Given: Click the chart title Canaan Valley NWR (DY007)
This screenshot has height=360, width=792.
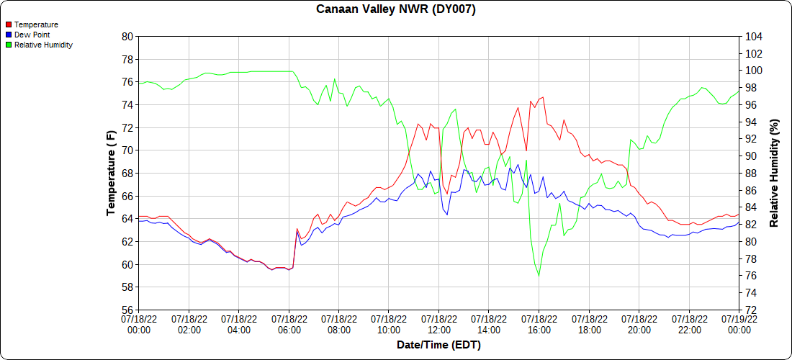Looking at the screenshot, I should point(396,9).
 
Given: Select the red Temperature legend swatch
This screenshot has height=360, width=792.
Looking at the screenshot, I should point(8,24).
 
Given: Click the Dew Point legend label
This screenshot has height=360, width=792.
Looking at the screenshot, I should point(32,35).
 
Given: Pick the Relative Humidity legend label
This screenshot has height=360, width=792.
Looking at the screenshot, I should point(43,45).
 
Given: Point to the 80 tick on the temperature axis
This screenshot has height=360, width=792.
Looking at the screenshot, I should point(127,36).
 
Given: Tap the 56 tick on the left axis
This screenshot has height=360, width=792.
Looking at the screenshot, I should point(127,310).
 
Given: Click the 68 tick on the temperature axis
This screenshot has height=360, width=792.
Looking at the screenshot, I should point(127,174).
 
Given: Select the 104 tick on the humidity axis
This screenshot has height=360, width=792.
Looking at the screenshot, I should point(752,36).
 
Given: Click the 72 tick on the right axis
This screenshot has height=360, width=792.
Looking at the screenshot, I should point(750,310).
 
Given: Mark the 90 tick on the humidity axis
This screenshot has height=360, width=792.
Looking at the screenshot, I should point(750,156).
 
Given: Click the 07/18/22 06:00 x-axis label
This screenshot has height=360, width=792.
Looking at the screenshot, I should point(289,324).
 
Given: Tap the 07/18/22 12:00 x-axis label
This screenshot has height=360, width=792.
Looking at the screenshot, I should point(439,324).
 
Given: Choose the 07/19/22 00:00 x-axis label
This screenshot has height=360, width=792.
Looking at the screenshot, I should point(739,324).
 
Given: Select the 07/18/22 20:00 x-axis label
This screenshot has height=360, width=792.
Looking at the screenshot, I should point(639,324).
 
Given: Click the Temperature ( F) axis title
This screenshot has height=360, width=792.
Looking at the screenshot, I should point(111,174).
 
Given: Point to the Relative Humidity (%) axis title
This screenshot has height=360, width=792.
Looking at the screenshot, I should point(775,174).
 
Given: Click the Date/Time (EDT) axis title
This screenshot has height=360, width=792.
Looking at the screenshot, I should point(438,346).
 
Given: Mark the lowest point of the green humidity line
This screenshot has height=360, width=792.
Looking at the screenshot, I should point(539,276).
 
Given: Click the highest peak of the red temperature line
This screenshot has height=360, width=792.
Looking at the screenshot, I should point(543,96).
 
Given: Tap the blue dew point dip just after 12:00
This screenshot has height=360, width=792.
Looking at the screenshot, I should point(447,215).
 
